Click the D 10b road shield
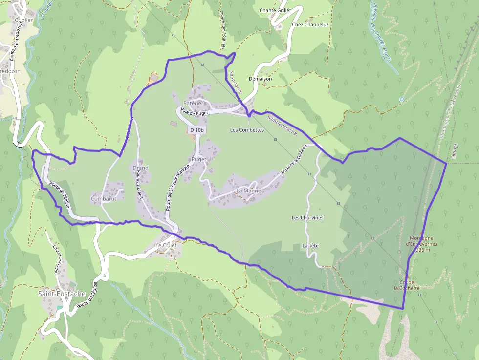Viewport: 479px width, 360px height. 196,130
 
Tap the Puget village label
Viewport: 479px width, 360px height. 199,159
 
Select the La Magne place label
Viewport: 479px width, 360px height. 248,191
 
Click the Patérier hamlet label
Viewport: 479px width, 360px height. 193,103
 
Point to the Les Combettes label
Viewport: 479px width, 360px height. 247,130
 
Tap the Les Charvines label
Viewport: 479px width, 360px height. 307,217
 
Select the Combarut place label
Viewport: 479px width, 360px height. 104,199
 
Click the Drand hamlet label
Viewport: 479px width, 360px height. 140,168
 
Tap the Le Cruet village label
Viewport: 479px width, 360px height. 165,245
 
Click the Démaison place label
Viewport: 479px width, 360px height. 260,78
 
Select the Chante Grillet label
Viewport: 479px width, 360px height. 275,10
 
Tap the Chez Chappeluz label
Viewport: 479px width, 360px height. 310,24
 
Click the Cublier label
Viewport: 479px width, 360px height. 24,20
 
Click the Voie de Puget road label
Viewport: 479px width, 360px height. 194,112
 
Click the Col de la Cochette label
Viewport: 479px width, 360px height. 407,285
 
